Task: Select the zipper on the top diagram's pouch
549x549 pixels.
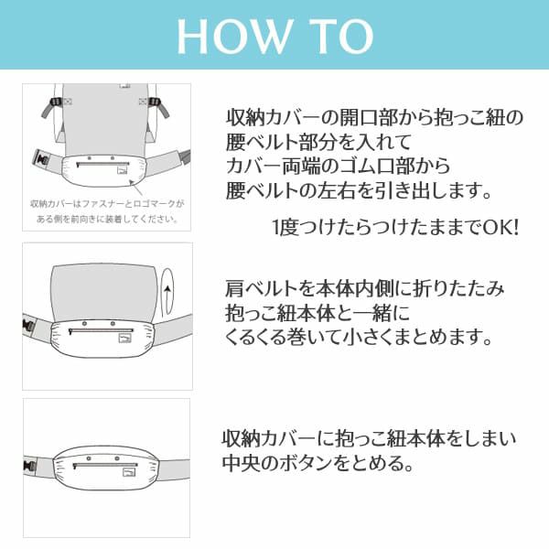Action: coord(94,165)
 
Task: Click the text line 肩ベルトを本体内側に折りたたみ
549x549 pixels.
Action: coord(364,289)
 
